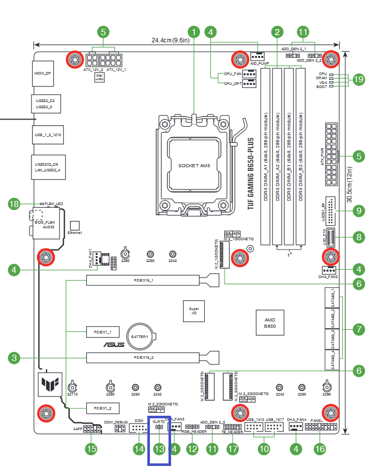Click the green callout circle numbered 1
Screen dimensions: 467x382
point(194,32)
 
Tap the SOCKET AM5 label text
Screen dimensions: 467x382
point(194,166)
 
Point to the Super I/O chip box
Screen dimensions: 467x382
point(194,310)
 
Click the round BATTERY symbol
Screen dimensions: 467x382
point(140,337)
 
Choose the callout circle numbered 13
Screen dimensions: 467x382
point(159,449)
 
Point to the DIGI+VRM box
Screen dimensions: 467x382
point(100,78)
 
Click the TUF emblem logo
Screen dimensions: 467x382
point(51,385)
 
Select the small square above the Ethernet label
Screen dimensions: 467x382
point(74,226)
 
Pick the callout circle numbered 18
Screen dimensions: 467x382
point(15,204)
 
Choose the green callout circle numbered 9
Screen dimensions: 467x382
point(358,211)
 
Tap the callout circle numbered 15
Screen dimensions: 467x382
point(91,449)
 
